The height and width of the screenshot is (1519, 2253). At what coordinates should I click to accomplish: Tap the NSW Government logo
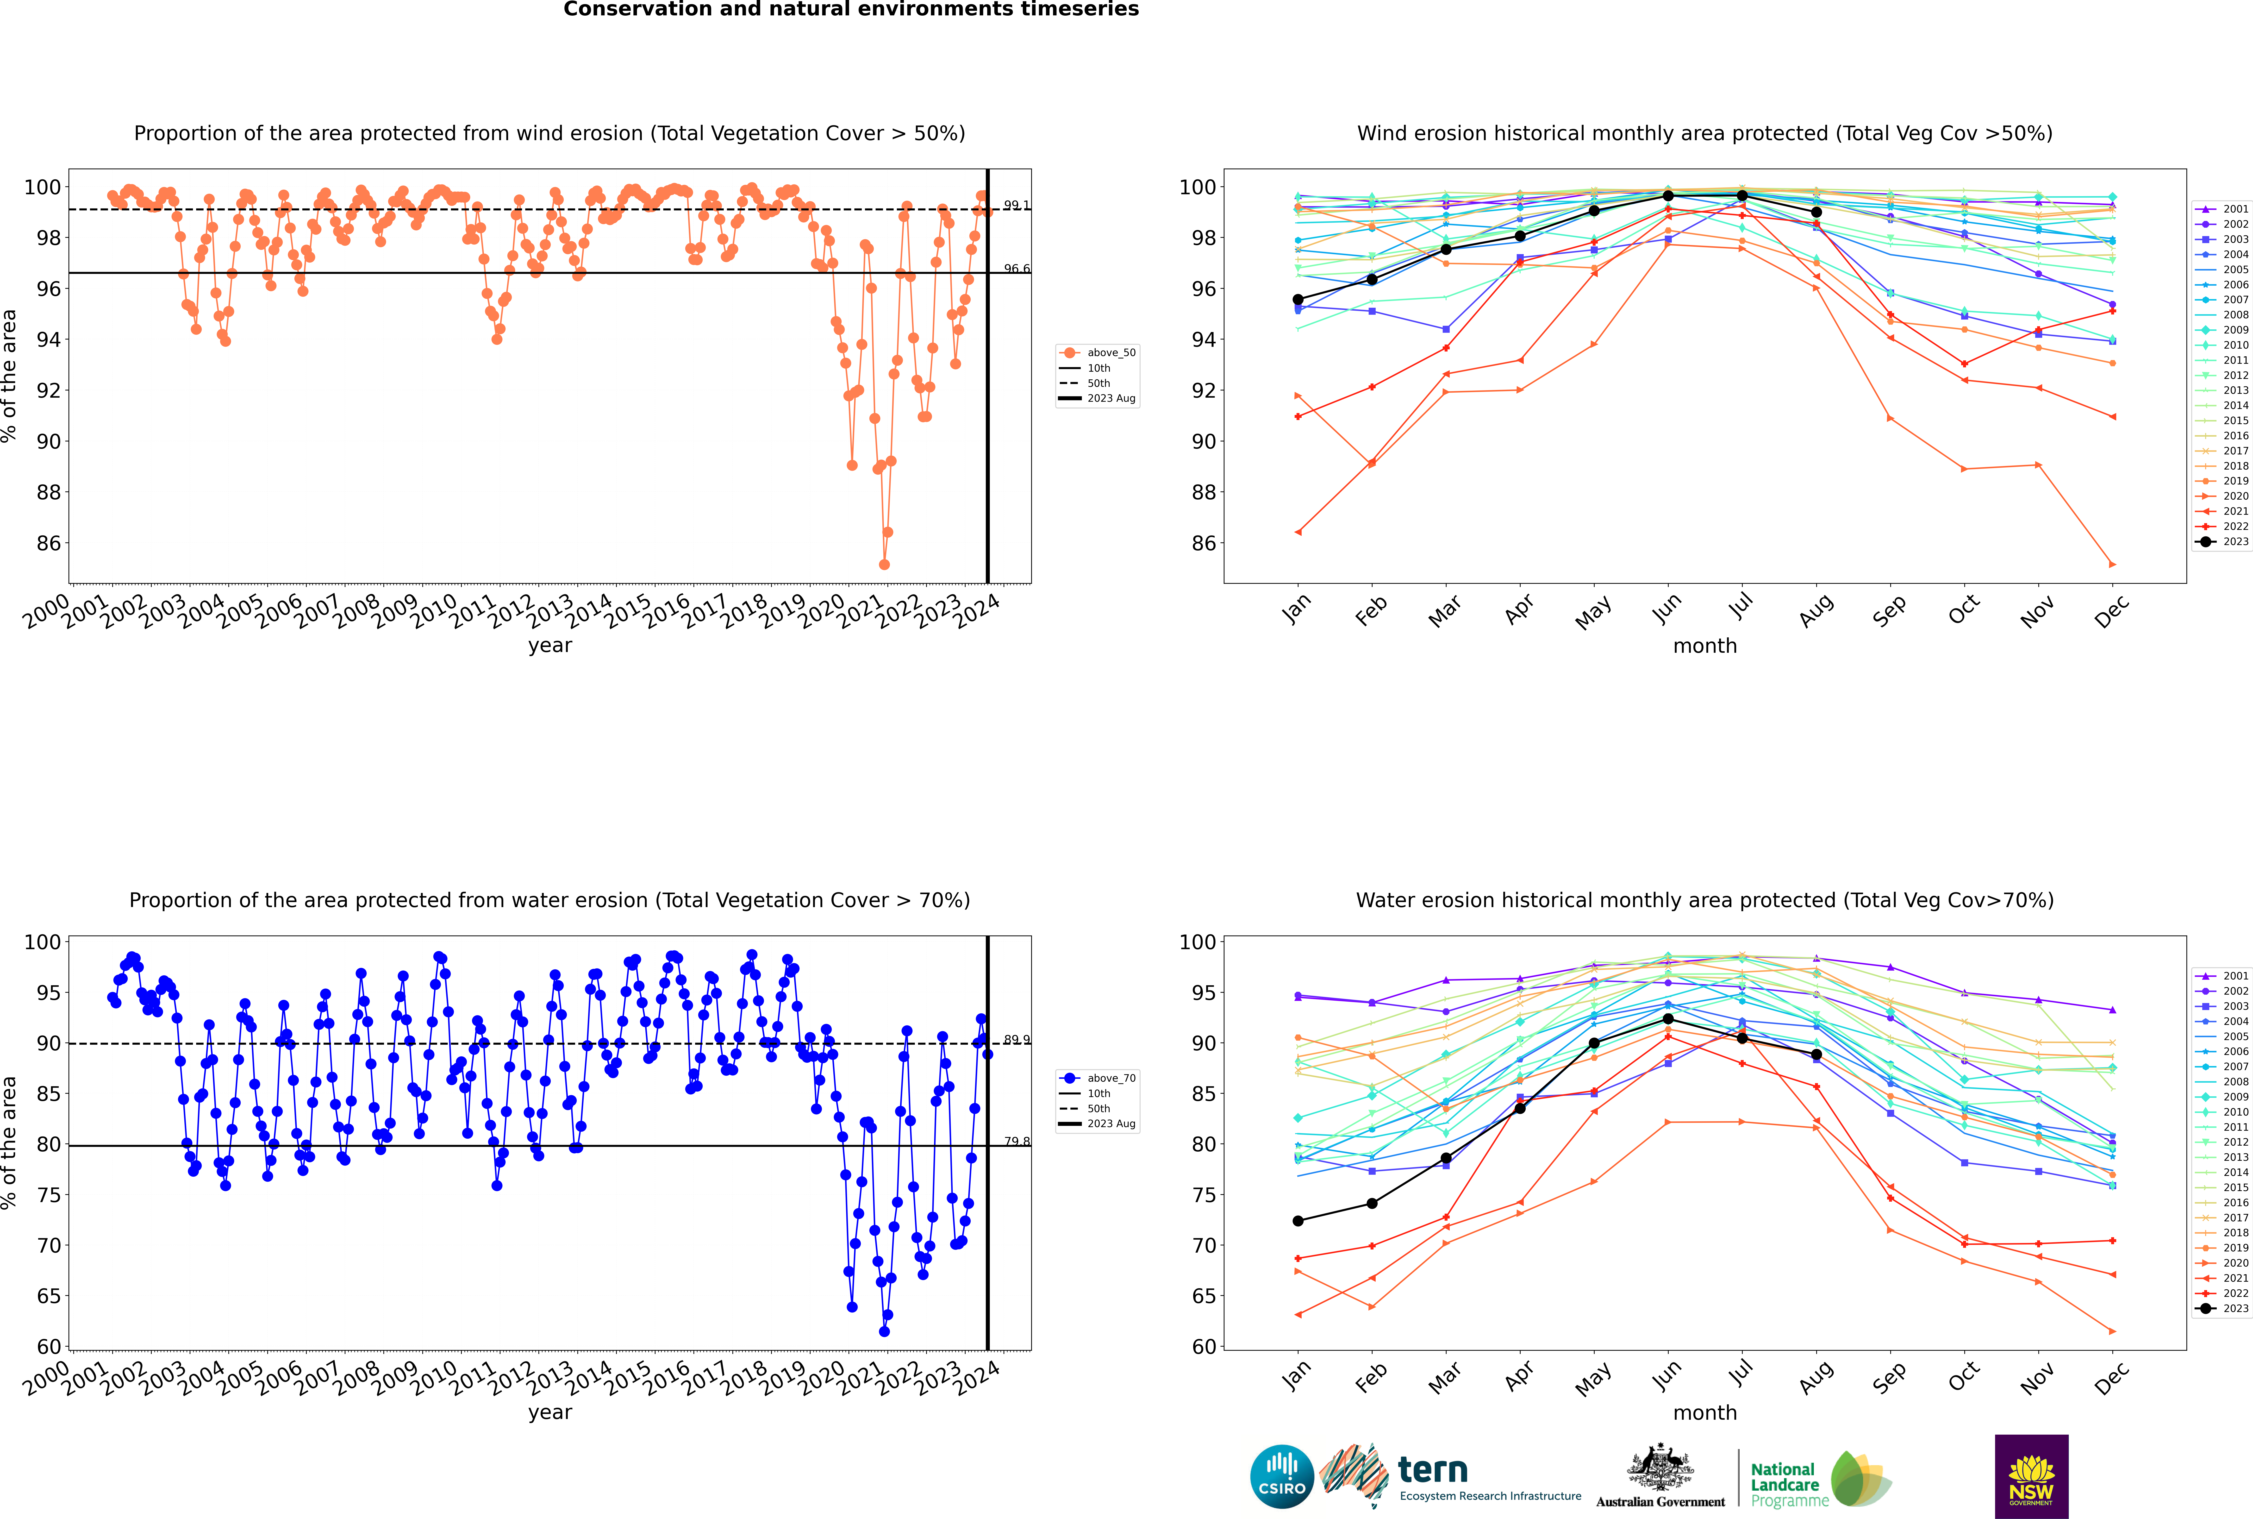pos(2031,1475)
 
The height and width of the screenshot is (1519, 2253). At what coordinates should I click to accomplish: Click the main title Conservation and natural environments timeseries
pos(850,10)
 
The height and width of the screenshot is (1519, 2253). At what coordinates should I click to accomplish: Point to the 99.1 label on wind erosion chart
pos(1016,205)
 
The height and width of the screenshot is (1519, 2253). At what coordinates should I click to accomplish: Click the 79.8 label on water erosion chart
pos(1016,1141)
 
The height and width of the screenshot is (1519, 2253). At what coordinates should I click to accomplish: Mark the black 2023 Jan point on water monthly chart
pos(1298,1221)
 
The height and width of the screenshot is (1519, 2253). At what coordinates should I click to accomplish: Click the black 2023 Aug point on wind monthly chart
pos(1816,212)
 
